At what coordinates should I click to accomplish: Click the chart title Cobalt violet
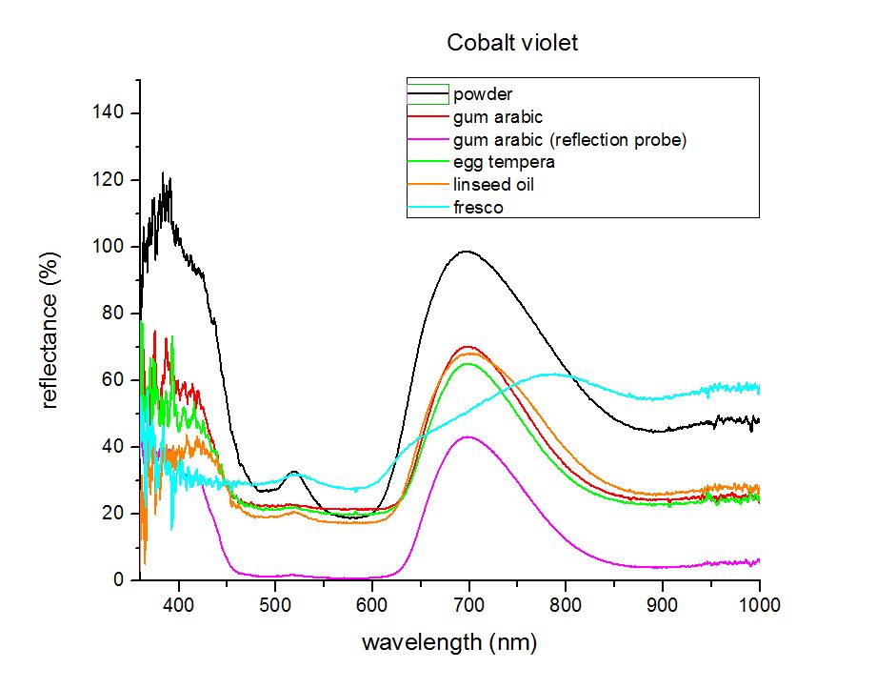pyautogui.click(x=512, y=43)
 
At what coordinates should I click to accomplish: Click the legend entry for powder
pyautogui.click(x=483, y=94)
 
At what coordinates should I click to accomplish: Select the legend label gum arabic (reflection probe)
pyautogui.click(x=569, y=140)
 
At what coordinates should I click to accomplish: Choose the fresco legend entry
pyautogui.click(x=478, y=207)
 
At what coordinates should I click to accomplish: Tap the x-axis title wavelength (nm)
pyautogui.click(x=449, y=642)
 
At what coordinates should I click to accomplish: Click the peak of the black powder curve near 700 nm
pyautogui.click(x=467, y=252)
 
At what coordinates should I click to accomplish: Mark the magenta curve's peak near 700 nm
pyautogui.click(x=468, y=436)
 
